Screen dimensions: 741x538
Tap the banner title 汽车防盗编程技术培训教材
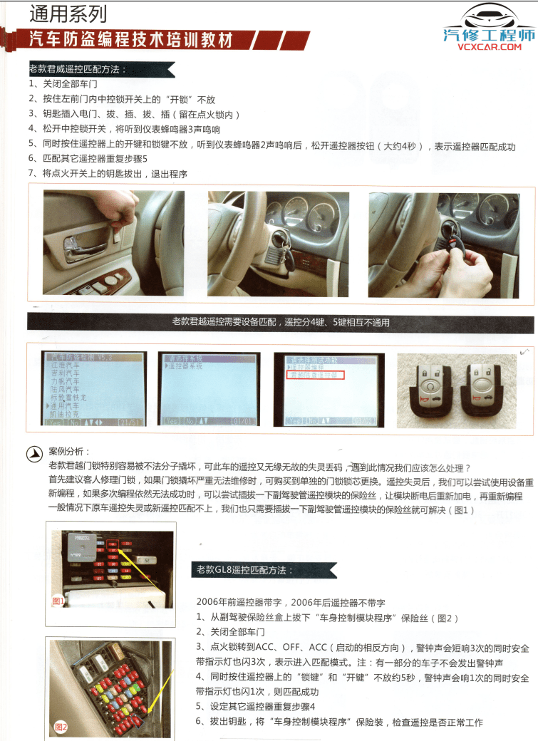[x=133, y=40]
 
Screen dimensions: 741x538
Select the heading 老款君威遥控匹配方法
[x=78, y=70]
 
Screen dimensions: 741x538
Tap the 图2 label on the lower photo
[x=61, y=727]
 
